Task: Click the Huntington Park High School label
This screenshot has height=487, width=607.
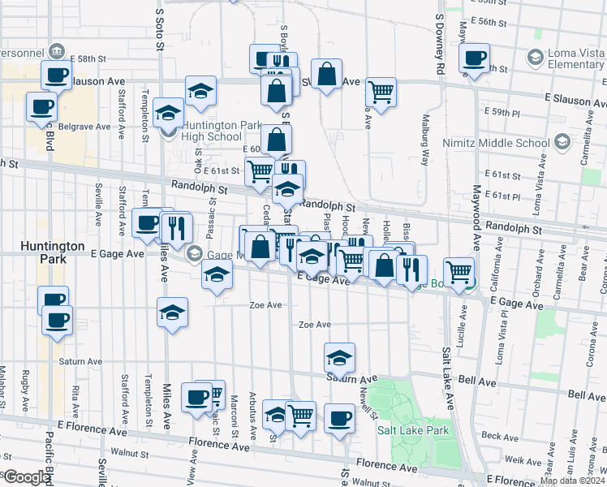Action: pos(212,131)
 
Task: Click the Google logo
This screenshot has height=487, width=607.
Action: pos(26,477)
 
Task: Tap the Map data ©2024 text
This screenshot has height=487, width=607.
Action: pos(572,481)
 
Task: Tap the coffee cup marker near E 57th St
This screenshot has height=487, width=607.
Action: pos(474,58)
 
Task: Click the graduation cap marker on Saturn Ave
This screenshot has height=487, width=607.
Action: pos(340,357)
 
